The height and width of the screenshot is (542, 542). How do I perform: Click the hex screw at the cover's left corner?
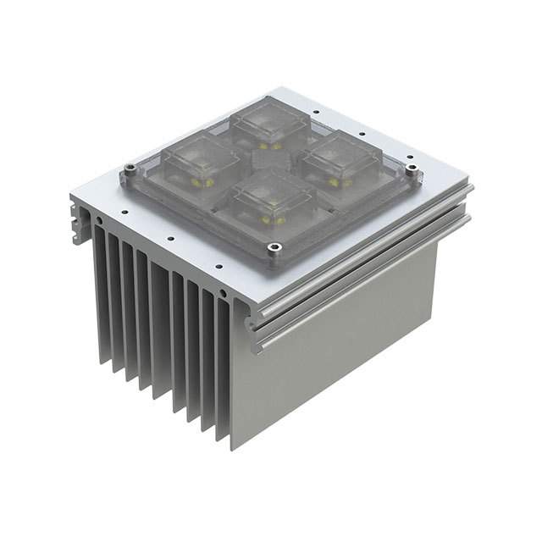click(x=130, y=169)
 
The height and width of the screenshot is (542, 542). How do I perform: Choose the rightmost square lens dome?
click(x=342, y=158)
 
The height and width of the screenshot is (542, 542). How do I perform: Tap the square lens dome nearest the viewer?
click(x=269, y=201)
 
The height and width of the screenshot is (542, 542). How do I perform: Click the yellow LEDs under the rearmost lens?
click(x=269, y=145)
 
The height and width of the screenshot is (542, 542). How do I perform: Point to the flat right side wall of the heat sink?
click(x=339, y=356)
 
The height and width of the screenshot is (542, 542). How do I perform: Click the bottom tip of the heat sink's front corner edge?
click(x=231, y=447)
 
